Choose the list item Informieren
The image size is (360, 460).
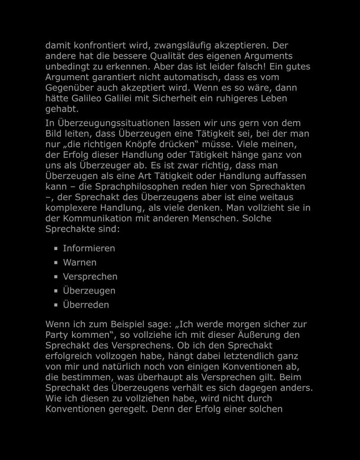click(x=89, y=248)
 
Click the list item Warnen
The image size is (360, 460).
click(x=80, y=262)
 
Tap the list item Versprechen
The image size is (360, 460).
click(x=90, y=276)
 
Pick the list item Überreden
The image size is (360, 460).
click(x=86, y=305)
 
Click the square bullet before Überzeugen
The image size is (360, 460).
click(x=56, y=291)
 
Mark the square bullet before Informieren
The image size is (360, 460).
click(x=56, y=248)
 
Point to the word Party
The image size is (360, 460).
click(x=57, y=335)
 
